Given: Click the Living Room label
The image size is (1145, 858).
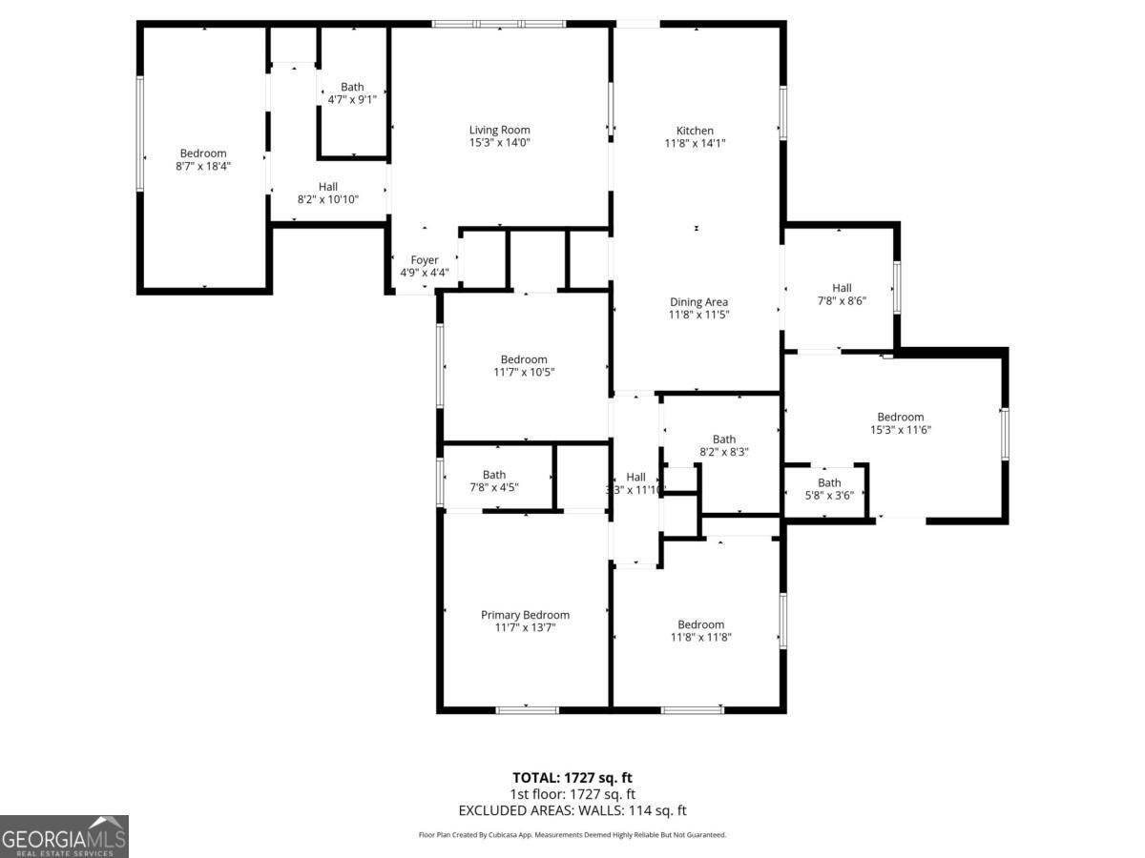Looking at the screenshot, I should pos(499,130).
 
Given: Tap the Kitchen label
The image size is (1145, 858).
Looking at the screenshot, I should pos(695,131).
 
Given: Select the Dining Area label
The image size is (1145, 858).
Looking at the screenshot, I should pos(698,302).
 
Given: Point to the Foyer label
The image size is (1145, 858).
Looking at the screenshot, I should pos(425,260).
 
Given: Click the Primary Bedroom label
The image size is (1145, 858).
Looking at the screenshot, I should pos(525,615).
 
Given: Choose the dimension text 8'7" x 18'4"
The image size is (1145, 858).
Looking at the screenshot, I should pos(203,166).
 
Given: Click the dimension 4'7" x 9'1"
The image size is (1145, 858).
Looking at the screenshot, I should pos(352,99).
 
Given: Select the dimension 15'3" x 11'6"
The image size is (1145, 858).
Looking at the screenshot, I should pos(901,429).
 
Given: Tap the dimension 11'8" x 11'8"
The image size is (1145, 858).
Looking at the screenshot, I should pos(700,637).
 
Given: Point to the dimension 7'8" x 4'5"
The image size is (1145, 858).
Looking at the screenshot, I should pos(494,487).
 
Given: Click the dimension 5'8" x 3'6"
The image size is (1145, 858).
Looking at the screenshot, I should pos(829,495).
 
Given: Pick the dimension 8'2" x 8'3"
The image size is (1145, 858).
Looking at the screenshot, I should pos(723,452).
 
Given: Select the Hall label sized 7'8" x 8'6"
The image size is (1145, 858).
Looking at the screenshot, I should pos(842,288).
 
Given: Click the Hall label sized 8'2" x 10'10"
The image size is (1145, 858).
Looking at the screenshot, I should pos(328,187).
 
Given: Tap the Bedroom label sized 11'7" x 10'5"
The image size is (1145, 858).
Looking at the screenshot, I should pos(524,359).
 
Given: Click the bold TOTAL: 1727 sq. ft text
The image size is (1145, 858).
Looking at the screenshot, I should pos(572,778).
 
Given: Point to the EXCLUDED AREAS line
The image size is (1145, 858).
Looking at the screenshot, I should pos(572,810).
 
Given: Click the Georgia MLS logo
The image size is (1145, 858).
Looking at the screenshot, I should pos(64,836).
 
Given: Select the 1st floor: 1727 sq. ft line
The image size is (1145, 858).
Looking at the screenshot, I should pos(572,794).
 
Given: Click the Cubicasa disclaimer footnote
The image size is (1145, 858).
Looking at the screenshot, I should pos(572,835).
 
